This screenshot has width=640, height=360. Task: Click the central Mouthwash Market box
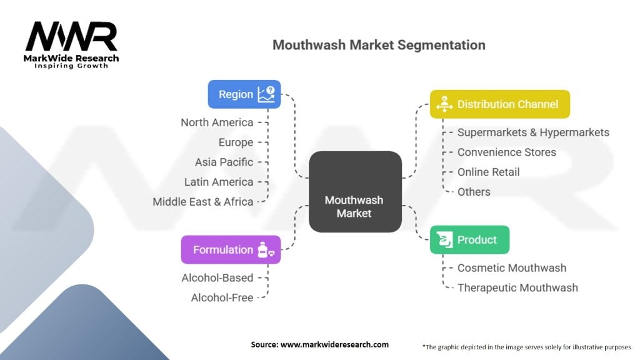click(x=355, y=192)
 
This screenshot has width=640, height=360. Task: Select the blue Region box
click(x=244, y=94)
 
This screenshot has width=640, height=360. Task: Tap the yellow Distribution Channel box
click(x=499, y=104)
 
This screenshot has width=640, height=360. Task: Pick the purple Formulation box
click(x=230, y=249)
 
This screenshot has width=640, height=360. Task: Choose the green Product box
click(x=469, y=239)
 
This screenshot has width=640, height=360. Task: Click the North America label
click(x=217, y=122)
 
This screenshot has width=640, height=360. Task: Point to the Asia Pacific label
click(x=224, y=162)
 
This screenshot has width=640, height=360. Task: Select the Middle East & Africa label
click(x=203, y=202)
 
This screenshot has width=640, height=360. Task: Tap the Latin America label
click(x=219, y=182)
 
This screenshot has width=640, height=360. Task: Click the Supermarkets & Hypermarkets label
click(x=532, y=132)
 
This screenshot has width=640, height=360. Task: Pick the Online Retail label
click(x=488, y=172)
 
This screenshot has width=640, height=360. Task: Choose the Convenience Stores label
click(x=506, y=152)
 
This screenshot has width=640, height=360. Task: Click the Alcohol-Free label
click(x=222, y=297)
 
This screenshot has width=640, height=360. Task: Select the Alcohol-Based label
click(x=217, y=277)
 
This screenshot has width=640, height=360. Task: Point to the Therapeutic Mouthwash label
click(x=517, y=287)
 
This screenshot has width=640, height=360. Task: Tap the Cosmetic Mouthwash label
click(x=511, y=267)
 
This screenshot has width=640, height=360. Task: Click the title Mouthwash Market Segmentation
click(x=379, y=46)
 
